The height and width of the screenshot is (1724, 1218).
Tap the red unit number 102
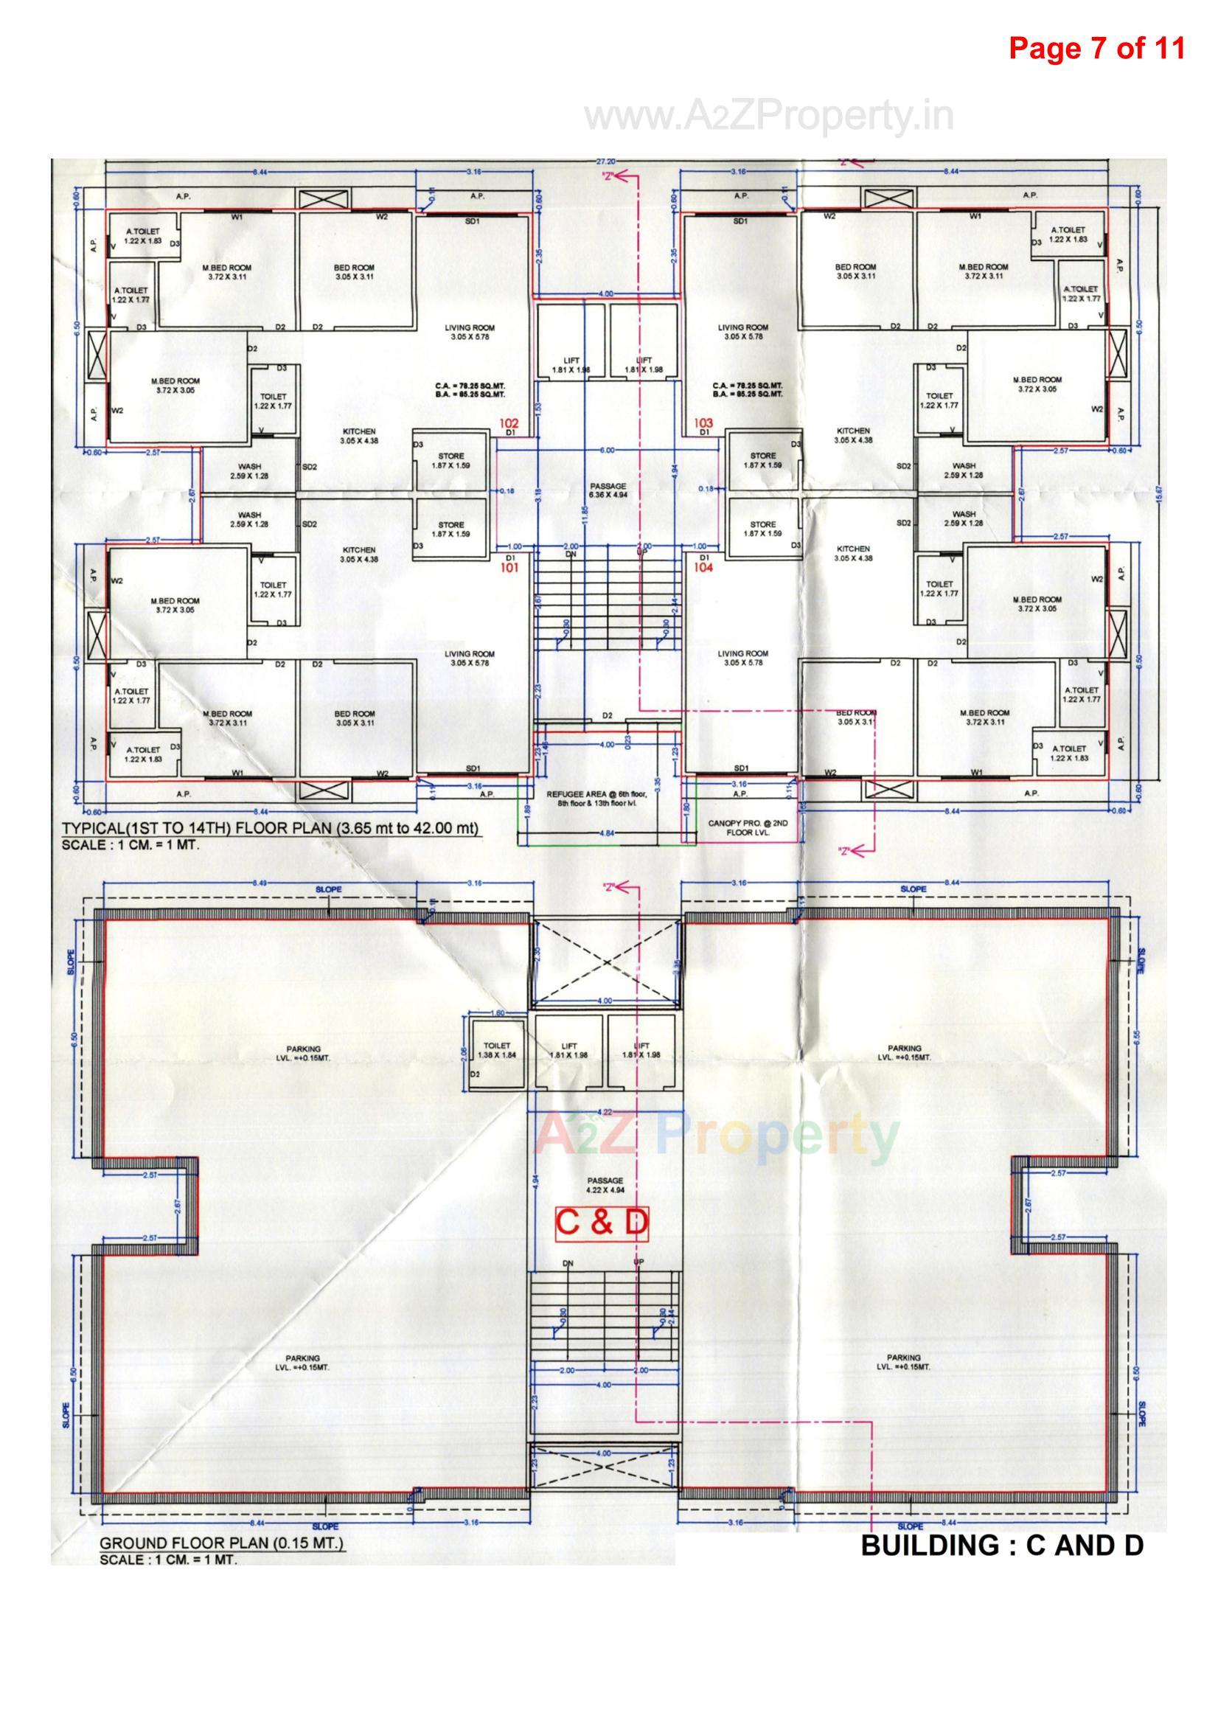tap(509, 424)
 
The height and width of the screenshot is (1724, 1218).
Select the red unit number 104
tap(703, 569)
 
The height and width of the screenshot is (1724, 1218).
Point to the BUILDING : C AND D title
tap(1002, 1546)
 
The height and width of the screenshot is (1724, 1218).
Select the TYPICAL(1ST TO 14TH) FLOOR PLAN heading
tap(271, 829)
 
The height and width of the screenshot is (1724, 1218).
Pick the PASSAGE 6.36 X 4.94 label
tap(608, 491)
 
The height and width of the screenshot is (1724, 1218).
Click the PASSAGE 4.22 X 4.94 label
tap(605, 1186)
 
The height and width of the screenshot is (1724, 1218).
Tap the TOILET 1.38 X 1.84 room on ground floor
tap(496, 1051)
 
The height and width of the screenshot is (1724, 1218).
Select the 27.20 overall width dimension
tap(607, 161)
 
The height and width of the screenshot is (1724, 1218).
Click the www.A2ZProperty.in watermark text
tap(769, 117)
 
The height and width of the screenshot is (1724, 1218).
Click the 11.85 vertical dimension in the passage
tap(583, 518)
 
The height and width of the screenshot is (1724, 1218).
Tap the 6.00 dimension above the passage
tap(607, 450)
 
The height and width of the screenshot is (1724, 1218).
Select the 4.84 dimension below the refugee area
tap(607, 833)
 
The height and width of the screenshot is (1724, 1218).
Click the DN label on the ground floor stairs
tap(568, 1263)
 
